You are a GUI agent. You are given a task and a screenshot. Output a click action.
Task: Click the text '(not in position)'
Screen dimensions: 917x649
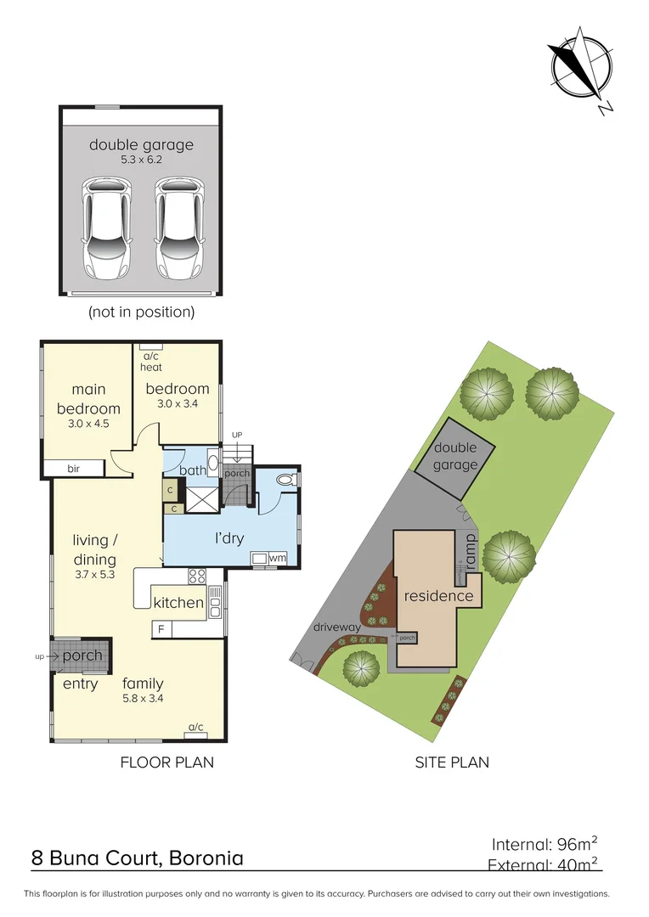(141, 312)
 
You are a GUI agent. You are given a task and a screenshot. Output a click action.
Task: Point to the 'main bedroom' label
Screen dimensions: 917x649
(88, 398)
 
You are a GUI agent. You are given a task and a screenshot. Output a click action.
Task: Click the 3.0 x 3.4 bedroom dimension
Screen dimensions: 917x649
(177, 404)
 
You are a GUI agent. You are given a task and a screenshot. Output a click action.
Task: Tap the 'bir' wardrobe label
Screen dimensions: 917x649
(73, 468)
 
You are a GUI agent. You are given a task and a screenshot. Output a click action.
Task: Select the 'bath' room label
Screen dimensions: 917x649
(193, 470)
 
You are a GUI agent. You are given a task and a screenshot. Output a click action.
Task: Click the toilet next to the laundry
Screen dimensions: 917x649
(286, 480)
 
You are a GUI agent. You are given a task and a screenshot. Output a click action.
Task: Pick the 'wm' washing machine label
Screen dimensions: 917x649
(277, 558)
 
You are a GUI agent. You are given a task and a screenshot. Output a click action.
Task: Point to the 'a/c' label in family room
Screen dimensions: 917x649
(195, 727)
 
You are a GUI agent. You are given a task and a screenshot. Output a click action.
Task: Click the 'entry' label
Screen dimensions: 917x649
(81, 684)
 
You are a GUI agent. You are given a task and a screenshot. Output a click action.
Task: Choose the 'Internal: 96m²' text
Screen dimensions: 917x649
(545, 844)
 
